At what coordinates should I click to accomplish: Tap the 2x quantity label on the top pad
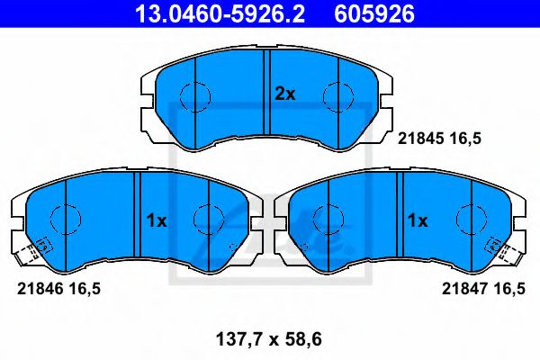tap(284, 93)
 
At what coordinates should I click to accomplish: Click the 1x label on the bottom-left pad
tap(156, 219)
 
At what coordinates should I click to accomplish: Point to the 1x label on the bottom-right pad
tap(417, 219)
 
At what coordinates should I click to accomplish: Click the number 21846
tap(35, 289)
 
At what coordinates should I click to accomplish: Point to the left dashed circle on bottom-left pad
tap(64, 219)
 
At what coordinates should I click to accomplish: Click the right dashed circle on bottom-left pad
tap(208, 219)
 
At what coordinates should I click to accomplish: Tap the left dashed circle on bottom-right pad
tap(327, 219)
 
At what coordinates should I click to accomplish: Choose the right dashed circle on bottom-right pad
tap(470, 219)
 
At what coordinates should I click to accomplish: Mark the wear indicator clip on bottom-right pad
tap(495, 246)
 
